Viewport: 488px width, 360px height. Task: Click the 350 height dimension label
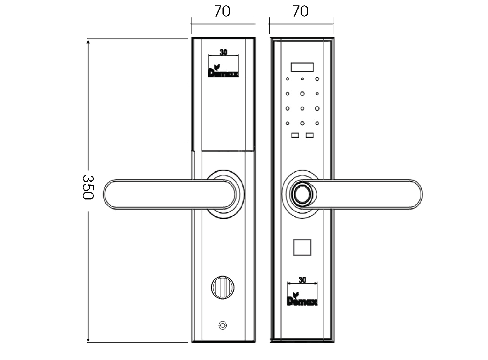click(88, 187)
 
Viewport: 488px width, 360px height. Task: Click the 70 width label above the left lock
click(222, 11)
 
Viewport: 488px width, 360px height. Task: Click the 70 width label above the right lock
click(301, 11)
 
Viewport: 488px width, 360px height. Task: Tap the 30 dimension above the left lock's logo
click(223, 52)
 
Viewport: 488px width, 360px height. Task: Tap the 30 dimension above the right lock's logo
click(302, 280)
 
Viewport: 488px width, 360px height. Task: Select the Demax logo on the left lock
click(223, 71)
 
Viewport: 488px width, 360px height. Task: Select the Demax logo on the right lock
click(302, 299)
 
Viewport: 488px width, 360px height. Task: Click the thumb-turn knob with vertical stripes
click(222, 288)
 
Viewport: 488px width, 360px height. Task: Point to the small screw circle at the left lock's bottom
click(222, 325)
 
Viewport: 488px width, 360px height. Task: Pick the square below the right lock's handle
click(302, 247)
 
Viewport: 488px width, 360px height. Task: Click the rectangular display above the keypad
click(302, 67)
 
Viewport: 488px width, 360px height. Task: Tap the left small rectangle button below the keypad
click(295, 135)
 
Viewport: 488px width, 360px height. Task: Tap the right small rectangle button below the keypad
click(310, 135)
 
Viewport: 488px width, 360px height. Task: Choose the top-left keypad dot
click(287, 79)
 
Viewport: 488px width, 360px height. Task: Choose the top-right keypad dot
click(317, 79)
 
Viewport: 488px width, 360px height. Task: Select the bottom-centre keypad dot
click(302, 123)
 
